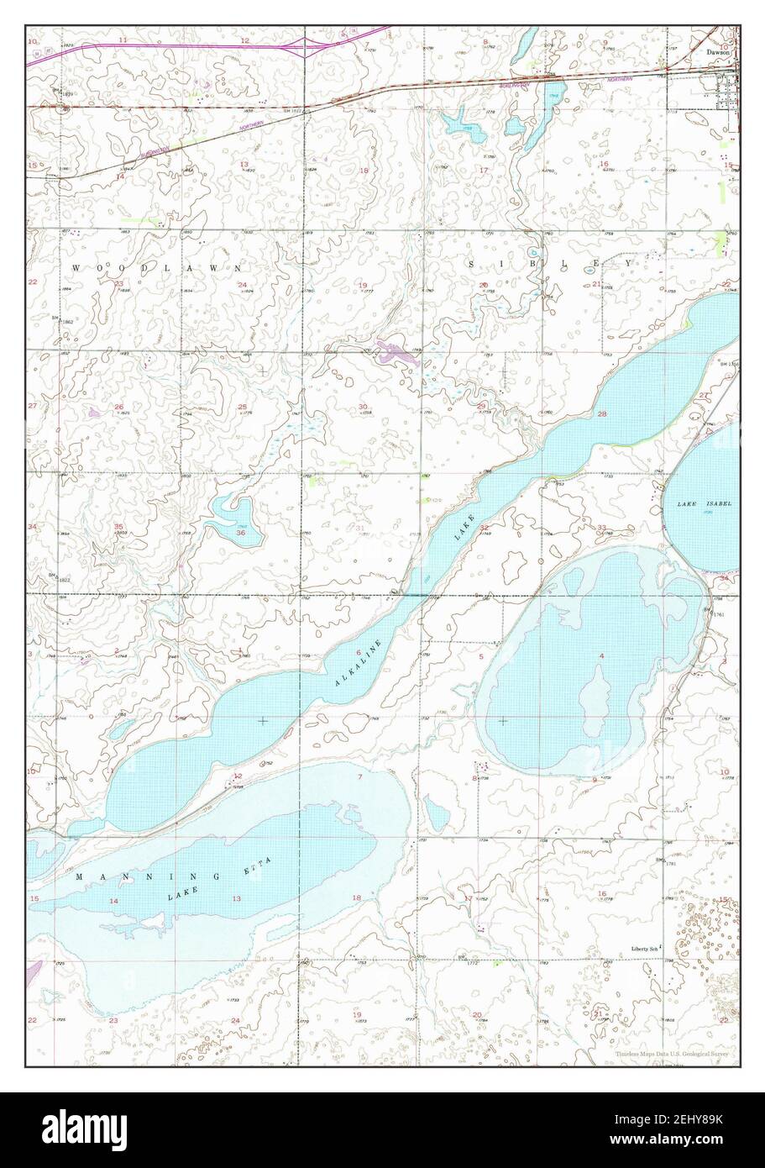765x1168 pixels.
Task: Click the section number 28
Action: [601, 414]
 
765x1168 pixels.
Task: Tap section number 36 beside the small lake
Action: [241, 533]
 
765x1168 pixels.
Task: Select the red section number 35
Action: [118, 527]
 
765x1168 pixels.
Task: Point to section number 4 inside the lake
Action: [601, 655]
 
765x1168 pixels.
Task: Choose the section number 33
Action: [601, 527]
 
